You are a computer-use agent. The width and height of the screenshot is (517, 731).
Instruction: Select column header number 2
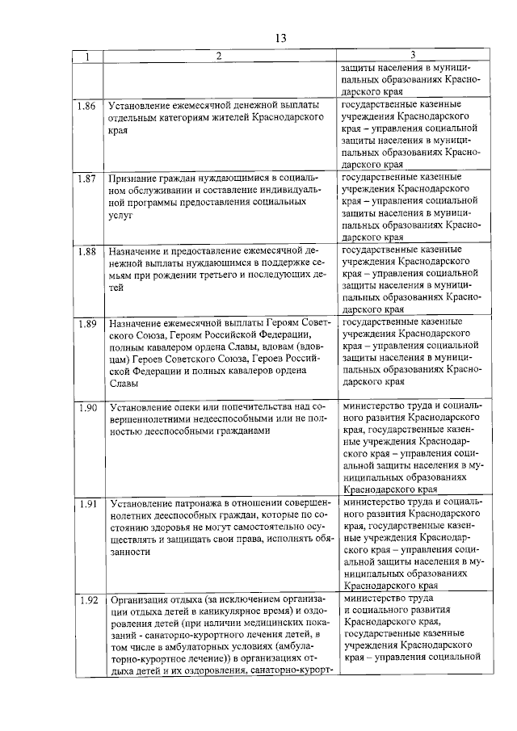[218, 56]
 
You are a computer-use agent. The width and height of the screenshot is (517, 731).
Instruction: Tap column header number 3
[412, 55]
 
